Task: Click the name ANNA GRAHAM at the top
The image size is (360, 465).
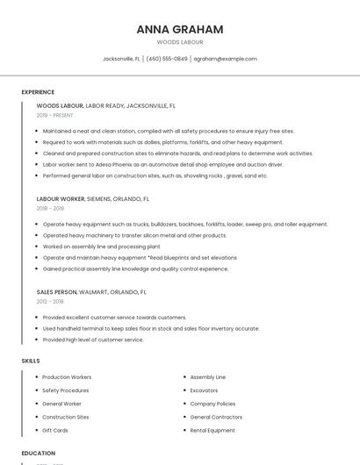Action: coord(180,29)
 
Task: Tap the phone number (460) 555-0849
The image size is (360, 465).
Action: coord(167,59)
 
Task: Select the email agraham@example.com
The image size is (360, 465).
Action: coord(225,59)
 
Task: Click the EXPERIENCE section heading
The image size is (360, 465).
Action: coord(38,92)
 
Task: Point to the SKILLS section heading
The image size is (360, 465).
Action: coord(31,361)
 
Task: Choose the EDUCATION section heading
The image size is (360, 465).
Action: coord(38,454)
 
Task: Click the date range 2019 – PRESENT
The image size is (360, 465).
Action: coord(54,115)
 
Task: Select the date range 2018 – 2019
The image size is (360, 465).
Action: coord(50,209)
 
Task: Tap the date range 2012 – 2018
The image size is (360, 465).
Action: coord(50,302)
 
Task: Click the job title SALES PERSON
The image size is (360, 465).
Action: coord(57,291)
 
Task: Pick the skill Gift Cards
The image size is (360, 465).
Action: coord(54,431)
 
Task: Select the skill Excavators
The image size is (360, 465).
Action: coord(204,390)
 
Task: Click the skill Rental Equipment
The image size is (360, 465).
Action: coord(212,431)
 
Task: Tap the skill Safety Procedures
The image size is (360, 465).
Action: coord(65,390)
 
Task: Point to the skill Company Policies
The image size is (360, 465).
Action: coord(212,404)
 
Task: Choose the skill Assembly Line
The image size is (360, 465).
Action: coord(207,377)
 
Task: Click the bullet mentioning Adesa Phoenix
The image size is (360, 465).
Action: coord(162,164)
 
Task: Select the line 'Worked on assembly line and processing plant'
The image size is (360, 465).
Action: coord(101,247)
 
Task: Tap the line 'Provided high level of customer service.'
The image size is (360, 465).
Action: coord(93,340)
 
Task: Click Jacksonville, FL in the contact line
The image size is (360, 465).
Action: coord(121,59)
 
